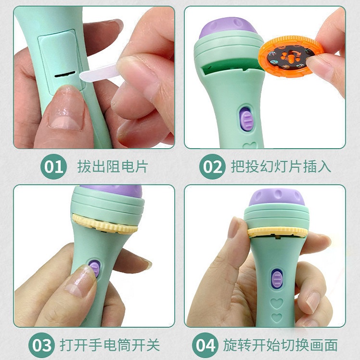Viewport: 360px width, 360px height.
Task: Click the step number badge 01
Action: click(53, 167)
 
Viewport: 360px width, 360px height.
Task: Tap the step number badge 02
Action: click(212, 167)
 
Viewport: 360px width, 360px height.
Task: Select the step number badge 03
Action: click(42, 345)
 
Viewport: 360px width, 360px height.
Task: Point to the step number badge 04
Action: click(205, 345)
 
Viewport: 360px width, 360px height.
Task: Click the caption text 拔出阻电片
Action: click(112, 167)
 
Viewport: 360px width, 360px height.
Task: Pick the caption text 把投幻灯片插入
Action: click(281, 167)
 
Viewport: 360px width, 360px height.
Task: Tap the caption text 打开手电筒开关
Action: click(109, 345)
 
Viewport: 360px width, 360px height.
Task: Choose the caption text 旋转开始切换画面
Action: click(280, 345)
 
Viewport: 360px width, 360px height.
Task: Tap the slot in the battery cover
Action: click(65, 75)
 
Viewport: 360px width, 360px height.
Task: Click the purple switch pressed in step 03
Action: click(95, 268)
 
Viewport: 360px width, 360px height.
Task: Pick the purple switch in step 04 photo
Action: click(277, 279)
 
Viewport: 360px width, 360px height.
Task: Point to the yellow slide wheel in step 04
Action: click(277, 231)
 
